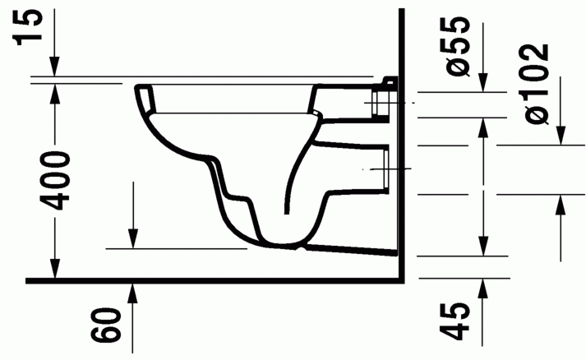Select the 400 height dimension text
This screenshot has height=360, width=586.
pyautogui.click(x=57, y=180)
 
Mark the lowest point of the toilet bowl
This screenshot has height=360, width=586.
pyautogui.click(x=284, y=244)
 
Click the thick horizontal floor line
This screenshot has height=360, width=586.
pyautogui.click(x=214, y=280)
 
